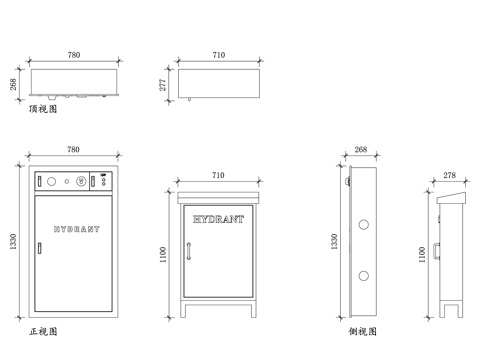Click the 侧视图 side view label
coord(363,330)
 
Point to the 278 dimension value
coord(449,176)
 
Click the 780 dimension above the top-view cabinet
coord(74,54)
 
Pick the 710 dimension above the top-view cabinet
coord(219,54)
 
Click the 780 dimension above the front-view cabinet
coord(73,150)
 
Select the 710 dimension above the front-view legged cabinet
coord(218,176)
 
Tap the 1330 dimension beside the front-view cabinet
coord(14,242)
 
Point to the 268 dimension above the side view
coord(361,151)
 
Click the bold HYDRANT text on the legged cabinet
coord(218,217)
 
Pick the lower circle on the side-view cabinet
coord(362,273)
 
